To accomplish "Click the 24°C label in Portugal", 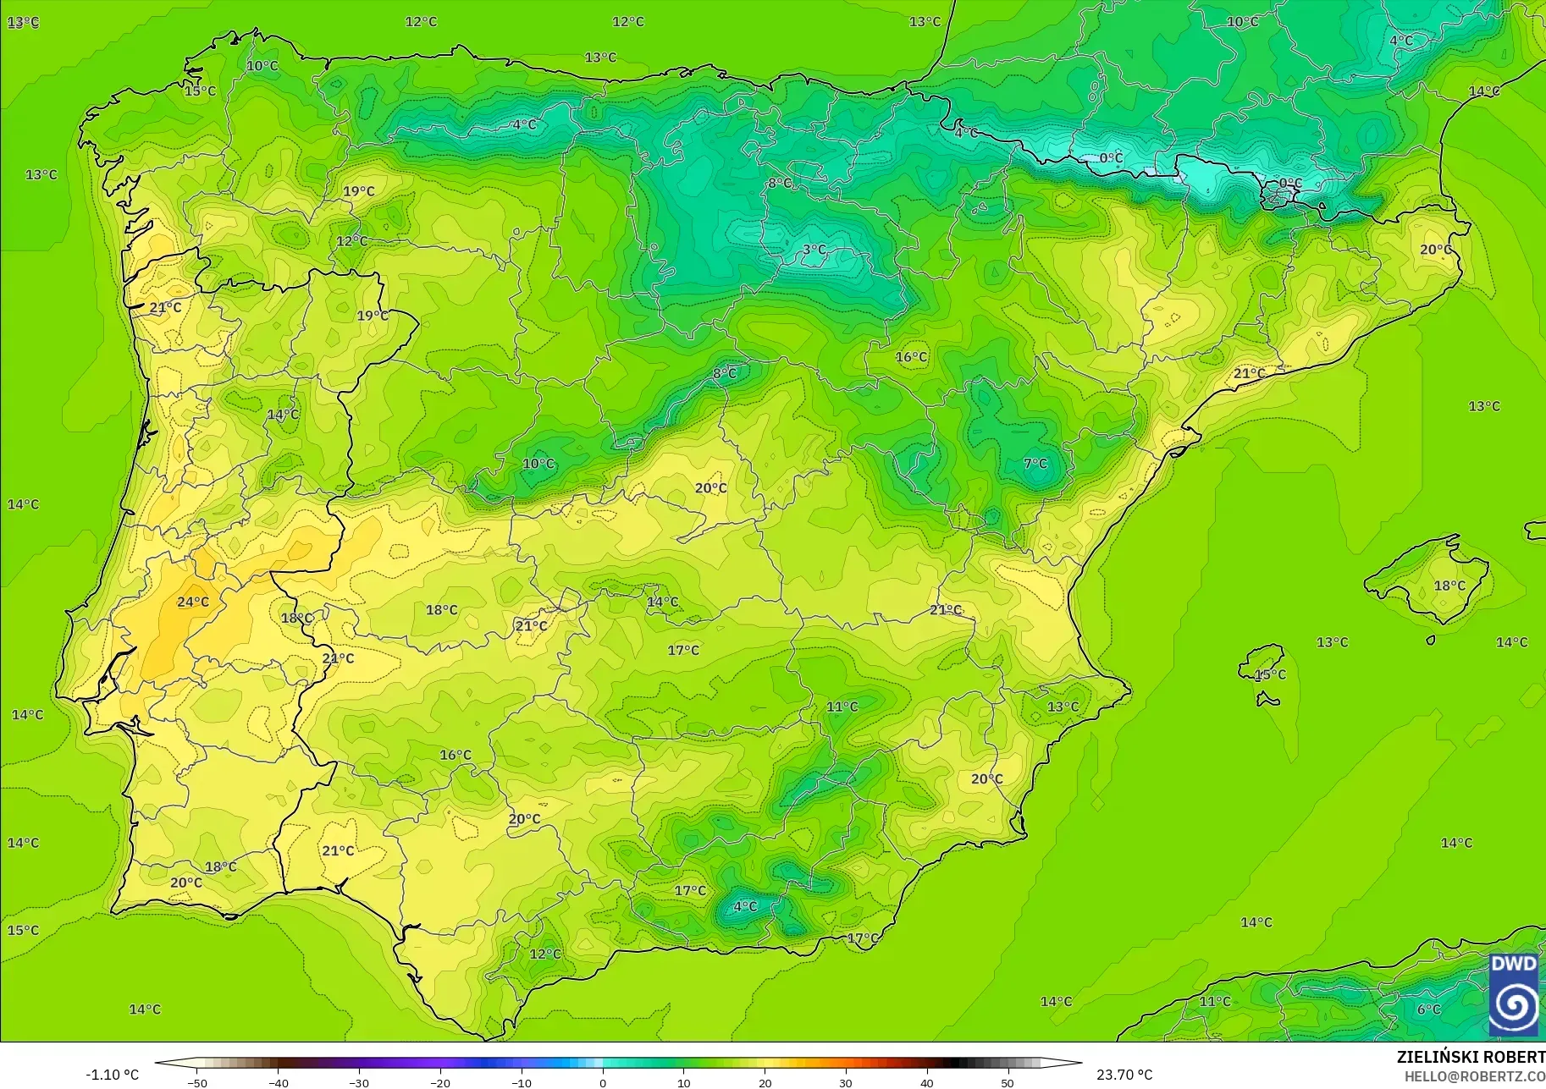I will (193, 602).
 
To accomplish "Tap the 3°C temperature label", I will (814, 250).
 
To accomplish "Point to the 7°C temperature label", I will (1035, 464).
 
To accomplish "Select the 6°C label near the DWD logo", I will (1429, 1009).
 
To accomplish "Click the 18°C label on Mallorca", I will (1449, 586).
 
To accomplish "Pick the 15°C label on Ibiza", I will (1270, 674).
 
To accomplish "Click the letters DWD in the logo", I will (1513, 964).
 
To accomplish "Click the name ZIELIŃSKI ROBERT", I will (1471, 1058).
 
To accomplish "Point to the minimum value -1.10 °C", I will (112, 1075).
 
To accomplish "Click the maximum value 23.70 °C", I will (1124, 1075).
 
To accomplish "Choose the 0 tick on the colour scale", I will (603, 1083).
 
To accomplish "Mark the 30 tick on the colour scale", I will (846, 1083).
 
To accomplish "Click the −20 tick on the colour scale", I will (440, 1083).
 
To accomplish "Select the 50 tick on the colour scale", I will (1008, 1083).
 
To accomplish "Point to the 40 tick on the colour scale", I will (927, 1083).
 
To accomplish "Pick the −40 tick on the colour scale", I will (278, 1083).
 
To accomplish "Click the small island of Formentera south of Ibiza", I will (1267, 700).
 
